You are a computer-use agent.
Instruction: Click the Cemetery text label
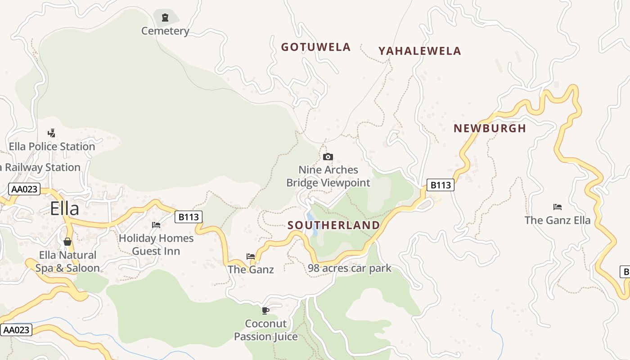[165, 31]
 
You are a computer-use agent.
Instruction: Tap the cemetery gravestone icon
[165, 18]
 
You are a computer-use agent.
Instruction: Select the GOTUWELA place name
[315, 47]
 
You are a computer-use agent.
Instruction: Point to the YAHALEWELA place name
[419, 51]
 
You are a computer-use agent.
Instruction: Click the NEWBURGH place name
[490, 128]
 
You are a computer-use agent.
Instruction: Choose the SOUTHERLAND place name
[333, 225]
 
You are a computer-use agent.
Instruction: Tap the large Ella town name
[64, 209]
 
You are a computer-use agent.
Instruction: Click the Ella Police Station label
[52, 147]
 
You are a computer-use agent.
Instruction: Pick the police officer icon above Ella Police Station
[52, 133]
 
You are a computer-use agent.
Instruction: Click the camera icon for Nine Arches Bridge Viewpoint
[328, 157]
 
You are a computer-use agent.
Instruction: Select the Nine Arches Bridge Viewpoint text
[328, 176]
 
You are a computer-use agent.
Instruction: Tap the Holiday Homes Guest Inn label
[156, 244]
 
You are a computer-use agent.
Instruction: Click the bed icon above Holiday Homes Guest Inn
[156, 225]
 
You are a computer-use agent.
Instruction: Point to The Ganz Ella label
[558, 220]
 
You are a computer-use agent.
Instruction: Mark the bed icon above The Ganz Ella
[558, 207]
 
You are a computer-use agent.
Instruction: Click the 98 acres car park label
[350, 269]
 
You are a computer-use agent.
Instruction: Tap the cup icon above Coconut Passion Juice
[265, 310]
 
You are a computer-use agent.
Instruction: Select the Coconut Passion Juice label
[266, 330]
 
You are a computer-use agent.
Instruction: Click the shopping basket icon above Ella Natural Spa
[67, 242]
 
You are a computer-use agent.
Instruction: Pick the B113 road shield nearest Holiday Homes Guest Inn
[189, 217]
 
